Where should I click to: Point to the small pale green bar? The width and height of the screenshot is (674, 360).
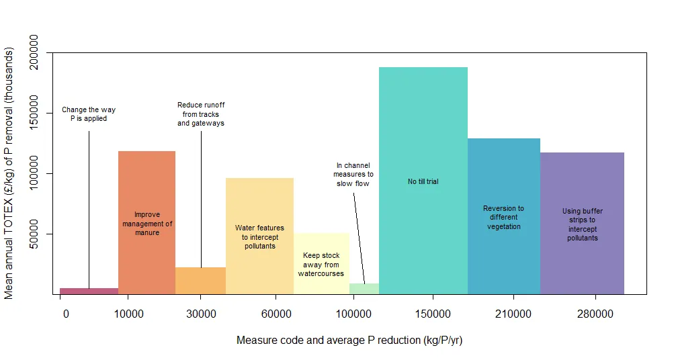click(x=364, y=289)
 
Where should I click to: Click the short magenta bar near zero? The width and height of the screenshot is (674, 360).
click(x=89, y=291)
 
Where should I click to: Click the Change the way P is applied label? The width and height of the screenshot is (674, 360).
click(x=89, y=114)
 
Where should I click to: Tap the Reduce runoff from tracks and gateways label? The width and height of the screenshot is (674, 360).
click(x=201, y=114)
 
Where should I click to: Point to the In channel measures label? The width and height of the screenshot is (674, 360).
click(x=353, y=174)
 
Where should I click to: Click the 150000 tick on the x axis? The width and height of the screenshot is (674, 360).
click(x=433, y=314)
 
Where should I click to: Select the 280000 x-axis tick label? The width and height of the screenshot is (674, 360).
click(x=595, y=314)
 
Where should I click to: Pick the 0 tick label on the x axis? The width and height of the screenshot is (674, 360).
click(x=65, y=314)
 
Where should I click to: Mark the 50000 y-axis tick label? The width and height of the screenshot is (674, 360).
click(x=33, y=234)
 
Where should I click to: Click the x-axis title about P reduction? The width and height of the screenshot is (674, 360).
click(x=349, y=341)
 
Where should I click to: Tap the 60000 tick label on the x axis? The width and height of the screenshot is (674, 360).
click(x=275, y=314)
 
